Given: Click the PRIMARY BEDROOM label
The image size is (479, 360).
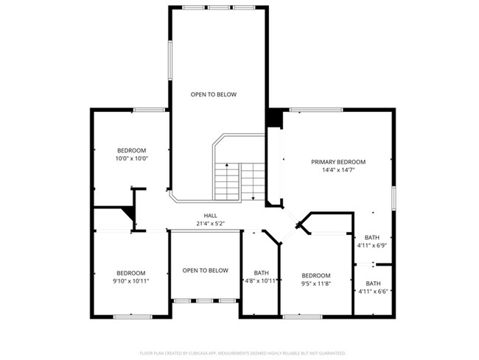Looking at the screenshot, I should pos(338,162).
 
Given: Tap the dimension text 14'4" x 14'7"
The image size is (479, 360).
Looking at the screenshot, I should pos(338,170).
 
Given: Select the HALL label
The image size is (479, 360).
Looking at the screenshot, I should pos(210,216).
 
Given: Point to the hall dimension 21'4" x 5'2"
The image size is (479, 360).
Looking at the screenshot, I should pos(210,223).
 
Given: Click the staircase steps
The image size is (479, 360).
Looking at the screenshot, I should pos(239,180).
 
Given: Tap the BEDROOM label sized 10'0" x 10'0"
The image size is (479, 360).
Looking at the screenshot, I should pos(131,150).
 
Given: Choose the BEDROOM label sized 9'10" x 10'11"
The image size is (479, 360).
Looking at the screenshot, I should pos(130,272).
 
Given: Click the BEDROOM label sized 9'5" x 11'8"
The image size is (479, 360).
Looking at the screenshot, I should pos(315,275).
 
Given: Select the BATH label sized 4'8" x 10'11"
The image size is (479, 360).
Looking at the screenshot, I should pos(261,272).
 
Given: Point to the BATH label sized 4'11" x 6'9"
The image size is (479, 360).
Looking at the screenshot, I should pos(371,238).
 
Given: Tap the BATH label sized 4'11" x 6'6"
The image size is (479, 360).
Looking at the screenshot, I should pos(374,283).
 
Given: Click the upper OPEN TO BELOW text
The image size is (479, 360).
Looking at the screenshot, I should pos(214,94).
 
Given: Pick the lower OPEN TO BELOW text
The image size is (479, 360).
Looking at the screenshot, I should pos(205,270).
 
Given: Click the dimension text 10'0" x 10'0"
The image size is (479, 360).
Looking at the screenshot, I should pos(131,158).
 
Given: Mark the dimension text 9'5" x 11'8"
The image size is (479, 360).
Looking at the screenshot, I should pos(315,283).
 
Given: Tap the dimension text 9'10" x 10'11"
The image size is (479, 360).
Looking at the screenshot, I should pos(130,280).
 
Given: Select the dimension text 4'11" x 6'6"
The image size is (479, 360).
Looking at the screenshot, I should pos(374,292).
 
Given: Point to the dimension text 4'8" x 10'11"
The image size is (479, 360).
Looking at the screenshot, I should pos(261,280).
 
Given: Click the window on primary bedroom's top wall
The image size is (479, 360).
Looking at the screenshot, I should pos(315,110).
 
